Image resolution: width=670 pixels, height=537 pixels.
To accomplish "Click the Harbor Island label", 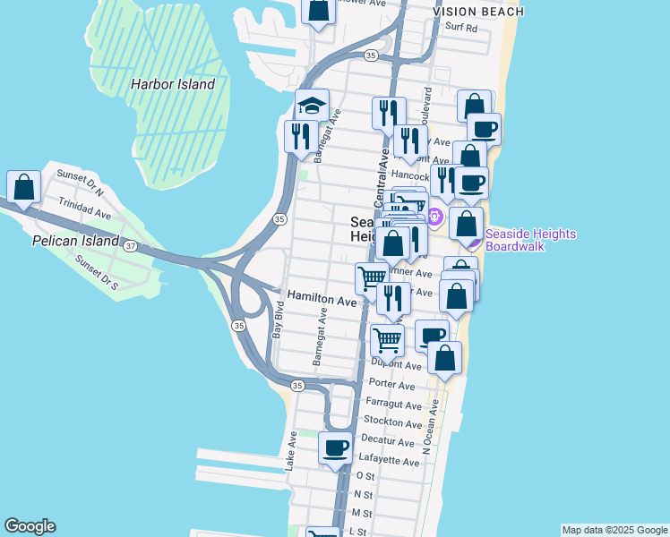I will pos(173,84).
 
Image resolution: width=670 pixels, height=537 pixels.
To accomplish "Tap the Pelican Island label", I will pos(75,241).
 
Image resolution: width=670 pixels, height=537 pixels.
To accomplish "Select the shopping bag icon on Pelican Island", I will pos(23,187).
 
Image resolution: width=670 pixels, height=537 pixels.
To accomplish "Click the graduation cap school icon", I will pos(313,106).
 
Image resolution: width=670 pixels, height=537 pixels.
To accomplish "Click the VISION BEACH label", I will pos(477,11).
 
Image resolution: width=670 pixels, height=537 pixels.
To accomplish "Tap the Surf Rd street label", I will pos(463,28).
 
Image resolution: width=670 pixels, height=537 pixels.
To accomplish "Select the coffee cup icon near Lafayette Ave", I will pos(336,447).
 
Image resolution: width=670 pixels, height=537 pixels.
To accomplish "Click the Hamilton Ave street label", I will pos(322,300).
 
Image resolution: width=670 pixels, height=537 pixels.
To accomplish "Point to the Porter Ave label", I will pos(391,386).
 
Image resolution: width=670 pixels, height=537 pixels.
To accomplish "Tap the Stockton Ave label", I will pos(393,423).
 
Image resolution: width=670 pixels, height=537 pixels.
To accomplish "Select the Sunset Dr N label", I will pos(81,183).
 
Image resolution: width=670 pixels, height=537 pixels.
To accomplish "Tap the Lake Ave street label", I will pos(291,452).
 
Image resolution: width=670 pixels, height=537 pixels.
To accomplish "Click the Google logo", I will pos(30,526).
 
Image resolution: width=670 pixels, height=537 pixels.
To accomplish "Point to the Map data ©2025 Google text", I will pos(614,530).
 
